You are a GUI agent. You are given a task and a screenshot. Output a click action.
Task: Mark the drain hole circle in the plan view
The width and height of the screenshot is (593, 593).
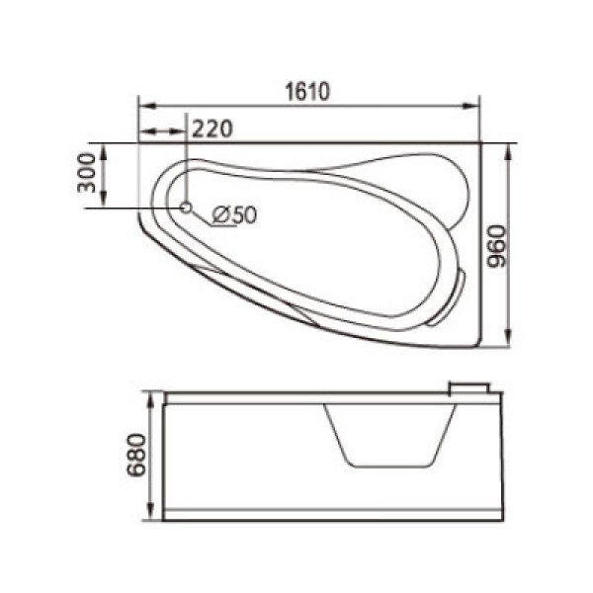[185, 207]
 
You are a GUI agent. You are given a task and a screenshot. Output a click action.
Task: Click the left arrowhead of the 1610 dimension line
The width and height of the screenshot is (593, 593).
[143, 103]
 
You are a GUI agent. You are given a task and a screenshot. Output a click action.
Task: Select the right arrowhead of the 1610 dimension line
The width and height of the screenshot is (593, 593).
[473, 103]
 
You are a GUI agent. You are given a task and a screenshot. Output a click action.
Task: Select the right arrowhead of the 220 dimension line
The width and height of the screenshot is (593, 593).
[180, 131]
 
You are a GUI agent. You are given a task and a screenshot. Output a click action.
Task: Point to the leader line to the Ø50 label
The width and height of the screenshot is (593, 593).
[202, 219]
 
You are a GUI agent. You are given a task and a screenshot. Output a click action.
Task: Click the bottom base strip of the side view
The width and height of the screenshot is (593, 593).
[333, 514]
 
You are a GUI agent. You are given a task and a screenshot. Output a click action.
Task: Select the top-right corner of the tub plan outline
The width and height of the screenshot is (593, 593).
[479, 143]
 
